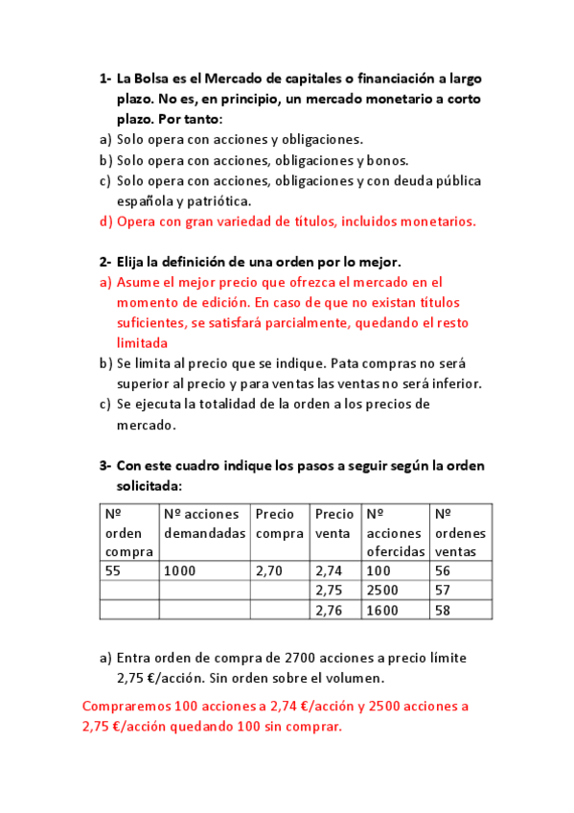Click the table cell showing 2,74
[x=329, y=569]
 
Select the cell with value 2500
[x=383, y=589]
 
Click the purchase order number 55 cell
[x=113, y=569]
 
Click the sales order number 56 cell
[x=443, y=569]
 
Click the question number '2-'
[x=105, y=262]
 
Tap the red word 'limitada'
[x=142, y=342]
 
